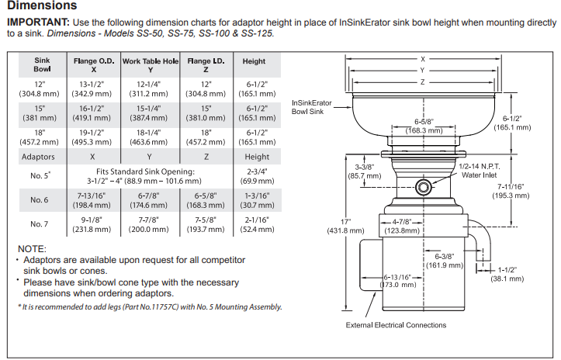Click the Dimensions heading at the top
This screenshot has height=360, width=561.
pyautogui.click(x=42, y=5)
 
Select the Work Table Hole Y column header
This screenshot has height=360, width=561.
pyautogui.click(x=151, y=65)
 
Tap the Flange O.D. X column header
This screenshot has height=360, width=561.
pyautogui.click(x=94, y=65)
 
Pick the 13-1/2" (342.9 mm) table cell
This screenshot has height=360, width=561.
pyautogui.click(x=92, y=89)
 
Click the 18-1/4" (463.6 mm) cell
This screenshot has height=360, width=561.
pyautogui.click(x=148, y=137)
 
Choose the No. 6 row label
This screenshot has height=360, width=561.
pyautogui.click(x=40, y=199)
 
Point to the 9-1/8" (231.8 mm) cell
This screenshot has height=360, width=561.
pyautogui.click(x=92, y=224)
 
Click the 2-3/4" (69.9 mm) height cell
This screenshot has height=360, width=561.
pyautogui.click(x=257, y=176)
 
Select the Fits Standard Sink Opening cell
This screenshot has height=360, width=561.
pyautogui.click(x=145, y=176)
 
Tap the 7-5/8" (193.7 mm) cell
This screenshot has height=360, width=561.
pyautogui.click(x=206, y=224)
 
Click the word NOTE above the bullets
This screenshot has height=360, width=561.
pyautogui.click(x=32, y=249)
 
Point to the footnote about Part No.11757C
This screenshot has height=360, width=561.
pyautogui.click(x=150, y=306)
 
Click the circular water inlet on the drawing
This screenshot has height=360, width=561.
pyautogui.click(x=423, y=187)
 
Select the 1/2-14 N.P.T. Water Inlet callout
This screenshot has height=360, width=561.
pyautogui.click(x=480, y=171)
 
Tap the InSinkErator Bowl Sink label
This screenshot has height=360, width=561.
pyautogui.click(x=312, y=107)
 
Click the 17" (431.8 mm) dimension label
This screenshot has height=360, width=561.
pyautogui.click(x=345, y=226)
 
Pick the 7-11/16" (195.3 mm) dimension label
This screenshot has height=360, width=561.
pyautogui.click(x=511, y=191)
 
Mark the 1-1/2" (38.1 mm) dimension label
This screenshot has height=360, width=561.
pyautogui.click(x=507, y=274)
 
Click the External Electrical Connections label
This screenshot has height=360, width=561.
pyautogui.click(x=396, y=325)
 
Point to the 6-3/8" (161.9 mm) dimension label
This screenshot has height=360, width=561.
pyautogui.click(x=445, y=261)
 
